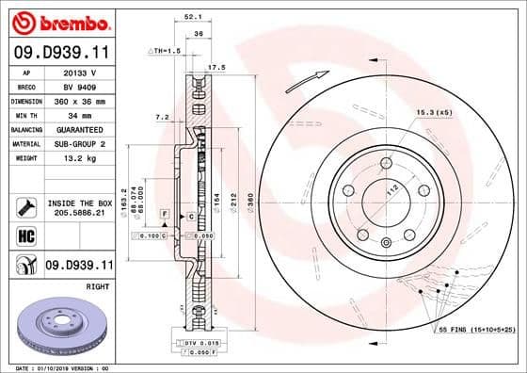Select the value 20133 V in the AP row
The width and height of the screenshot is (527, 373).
pos(79,71)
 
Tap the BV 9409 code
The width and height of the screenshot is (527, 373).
pos(79,85)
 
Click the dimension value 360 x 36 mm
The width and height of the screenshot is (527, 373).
pos(79,99)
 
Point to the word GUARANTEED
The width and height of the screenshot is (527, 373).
pos(79,129)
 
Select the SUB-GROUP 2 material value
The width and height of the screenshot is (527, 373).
pos(79,143)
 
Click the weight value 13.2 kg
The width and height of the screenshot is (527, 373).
pos(79,158)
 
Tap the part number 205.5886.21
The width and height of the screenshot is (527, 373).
pos(79,215)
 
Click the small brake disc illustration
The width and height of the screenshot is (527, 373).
pos(59,325)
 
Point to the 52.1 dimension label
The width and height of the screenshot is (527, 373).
pos(193,16)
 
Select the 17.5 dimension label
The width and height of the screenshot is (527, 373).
pos(216,68)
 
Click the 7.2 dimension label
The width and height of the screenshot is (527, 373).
pos(162,118)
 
